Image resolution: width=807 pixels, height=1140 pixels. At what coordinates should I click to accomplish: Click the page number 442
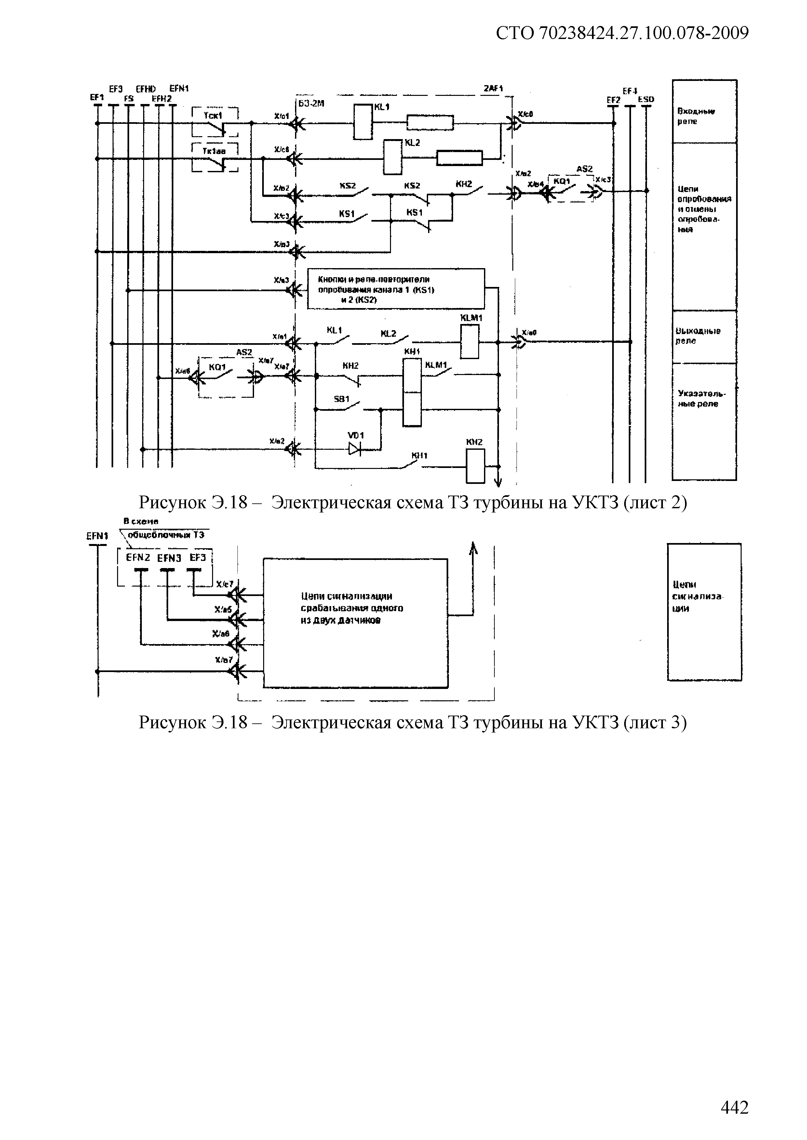(x=734, y=1107)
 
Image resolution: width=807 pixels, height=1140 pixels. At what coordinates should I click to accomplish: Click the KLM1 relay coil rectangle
(x=470, y=341)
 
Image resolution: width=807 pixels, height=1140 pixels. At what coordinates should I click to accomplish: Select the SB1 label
(x=342, y=399)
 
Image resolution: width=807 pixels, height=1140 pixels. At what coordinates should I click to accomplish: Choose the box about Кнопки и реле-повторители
(x=396, y=289)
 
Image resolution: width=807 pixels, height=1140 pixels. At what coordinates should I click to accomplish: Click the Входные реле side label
(x=696, y=116)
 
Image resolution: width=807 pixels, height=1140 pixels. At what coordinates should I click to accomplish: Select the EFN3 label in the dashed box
(x=169, y=558)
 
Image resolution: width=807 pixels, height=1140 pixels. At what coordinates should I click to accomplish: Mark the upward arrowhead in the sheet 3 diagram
(x=474, y=548)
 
